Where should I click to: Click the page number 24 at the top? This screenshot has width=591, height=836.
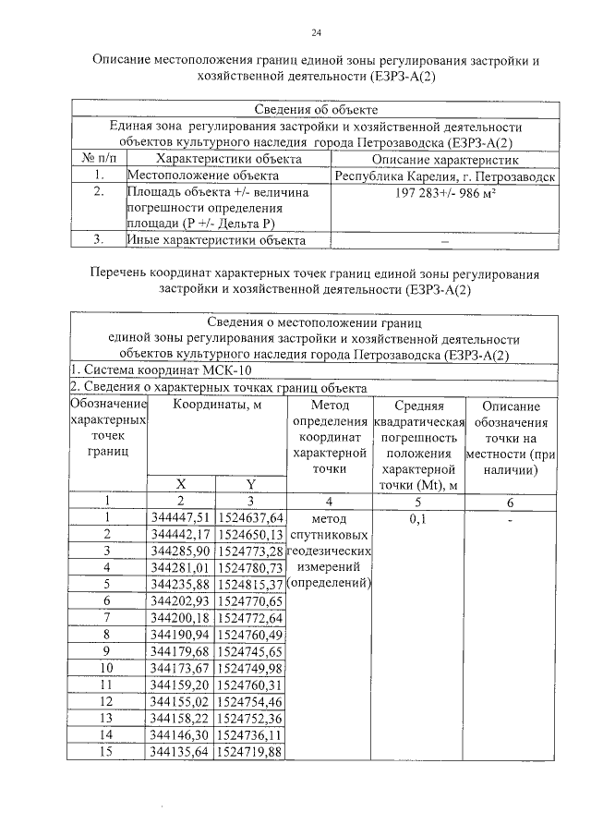(x=315, y=34)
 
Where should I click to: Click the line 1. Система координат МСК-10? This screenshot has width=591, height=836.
(x=151, y=370)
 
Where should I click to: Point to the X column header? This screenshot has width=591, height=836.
(x=181, y=484)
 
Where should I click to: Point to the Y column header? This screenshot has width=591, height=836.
(x=250, y=484)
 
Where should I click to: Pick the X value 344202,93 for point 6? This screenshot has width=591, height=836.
(x=181, y=601)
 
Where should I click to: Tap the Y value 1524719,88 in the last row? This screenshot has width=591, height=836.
(x=250, y=751)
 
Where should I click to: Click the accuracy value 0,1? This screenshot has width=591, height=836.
(x=418, y=518)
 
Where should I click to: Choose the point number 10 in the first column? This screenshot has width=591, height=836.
(x=107, y=668)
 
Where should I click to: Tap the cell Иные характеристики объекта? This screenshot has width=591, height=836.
(x=215, y=241)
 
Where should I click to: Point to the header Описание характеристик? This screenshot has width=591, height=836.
(x=444, y=159)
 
